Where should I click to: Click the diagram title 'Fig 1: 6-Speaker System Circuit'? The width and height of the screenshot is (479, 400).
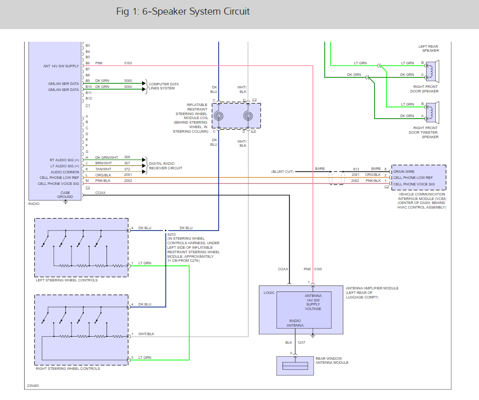pyautogui.click(x=183, y=12)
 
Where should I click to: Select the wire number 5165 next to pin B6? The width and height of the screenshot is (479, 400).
pyautogui.click(x=128, y=63)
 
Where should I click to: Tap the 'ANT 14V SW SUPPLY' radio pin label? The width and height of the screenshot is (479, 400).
pyautogui.click(x=61, y=66)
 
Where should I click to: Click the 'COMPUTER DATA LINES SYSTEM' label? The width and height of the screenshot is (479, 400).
pyautogui.click(x=164, y=86)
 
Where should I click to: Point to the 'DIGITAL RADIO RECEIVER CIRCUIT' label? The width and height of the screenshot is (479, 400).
pyautogui.click(x=165, y=166)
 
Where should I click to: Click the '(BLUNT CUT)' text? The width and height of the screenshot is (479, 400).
pyautogui.click(x=282, y=171)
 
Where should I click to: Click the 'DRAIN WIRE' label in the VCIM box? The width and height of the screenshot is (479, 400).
pyautogui.click(x=405, y=172)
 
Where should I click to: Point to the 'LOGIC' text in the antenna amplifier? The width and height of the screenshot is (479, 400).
pyautogui.click(x=269, y=292)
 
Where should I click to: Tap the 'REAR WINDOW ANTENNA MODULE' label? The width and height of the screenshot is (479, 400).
pyautogui.click(x=332, y=360)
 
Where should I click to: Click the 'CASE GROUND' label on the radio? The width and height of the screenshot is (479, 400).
pyautogui.click(x=64, y=194)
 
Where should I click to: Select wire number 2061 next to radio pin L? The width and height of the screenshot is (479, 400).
pyautogui.click(x=128, y=175)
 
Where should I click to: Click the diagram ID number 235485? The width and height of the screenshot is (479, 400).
pyautogui.click(x=33, y=386)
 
